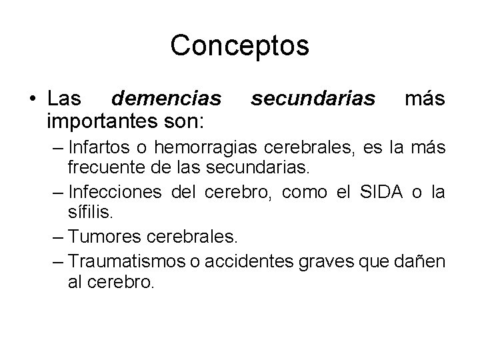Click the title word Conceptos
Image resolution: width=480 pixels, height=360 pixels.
239,45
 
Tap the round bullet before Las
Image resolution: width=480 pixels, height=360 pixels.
31,101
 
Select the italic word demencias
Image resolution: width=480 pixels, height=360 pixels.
166,99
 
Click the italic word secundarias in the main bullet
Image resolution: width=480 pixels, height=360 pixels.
314,99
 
